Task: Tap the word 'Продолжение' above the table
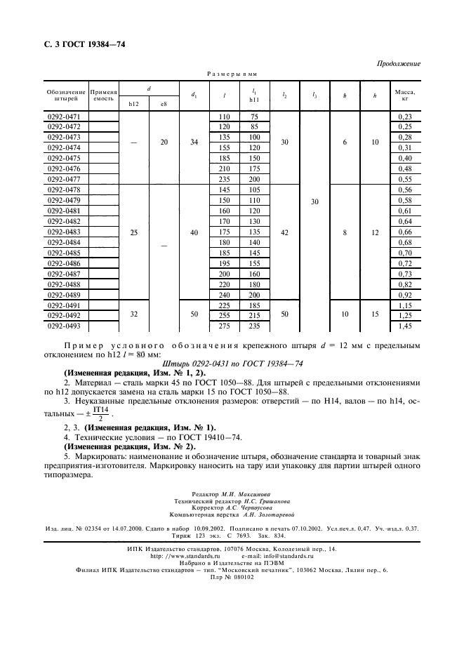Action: [398, 64]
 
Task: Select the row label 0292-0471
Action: [63, 116]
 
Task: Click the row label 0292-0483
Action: [63, 232]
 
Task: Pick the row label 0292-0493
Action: [63, 326]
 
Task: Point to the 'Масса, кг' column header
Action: [404, 95]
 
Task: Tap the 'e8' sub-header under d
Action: [164, 105]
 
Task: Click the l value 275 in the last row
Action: [225, 326]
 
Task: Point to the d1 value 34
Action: [194, 142]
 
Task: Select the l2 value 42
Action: [284, 232]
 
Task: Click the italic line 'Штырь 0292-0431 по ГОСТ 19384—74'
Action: [232, 364]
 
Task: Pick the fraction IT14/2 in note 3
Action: [102, 413]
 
